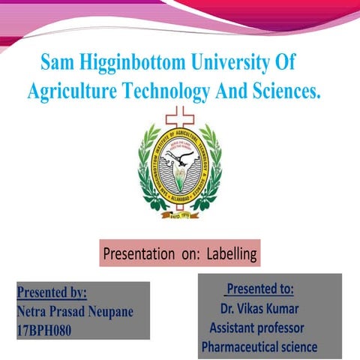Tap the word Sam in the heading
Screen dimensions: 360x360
tap(56, 61)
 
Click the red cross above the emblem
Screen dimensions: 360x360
tap(179, 117)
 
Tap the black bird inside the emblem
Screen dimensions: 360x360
tap(178, 154)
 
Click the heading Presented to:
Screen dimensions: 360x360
tap(259, 289)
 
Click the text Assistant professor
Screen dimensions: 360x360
tap(256, 328)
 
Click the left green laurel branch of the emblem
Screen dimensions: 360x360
tap(147, 169)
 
